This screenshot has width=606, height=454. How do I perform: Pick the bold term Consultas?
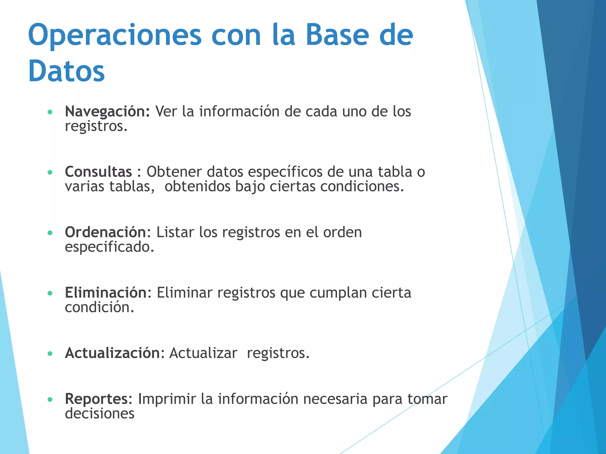[x=98, y=172]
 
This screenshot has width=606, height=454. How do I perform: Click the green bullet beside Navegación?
[x=50, y=112]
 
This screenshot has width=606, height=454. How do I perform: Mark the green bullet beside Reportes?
[x=50, y=400]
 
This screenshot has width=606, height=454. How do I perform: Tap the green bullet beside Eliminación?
[x=50, y=294]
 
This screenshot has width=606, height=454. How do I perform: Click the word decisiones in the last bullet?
[x=99, y=414]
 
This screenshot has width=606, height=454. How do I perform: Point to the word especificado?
[x=109, y=247]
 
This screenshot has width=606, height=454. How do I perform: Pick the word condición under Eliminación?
[x=99, y=307]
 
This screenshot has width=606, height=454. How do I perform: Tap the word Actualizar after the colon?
[x=203, y=353]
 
